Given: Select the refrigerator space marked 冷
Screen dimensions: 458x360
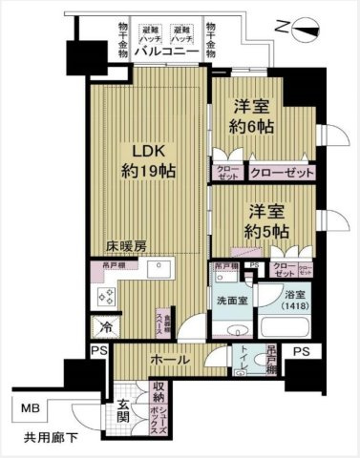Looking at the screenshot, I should [x=103, y=327].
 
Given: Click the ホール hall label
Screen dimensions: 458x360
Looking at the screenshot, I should [x=166, y=361].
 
